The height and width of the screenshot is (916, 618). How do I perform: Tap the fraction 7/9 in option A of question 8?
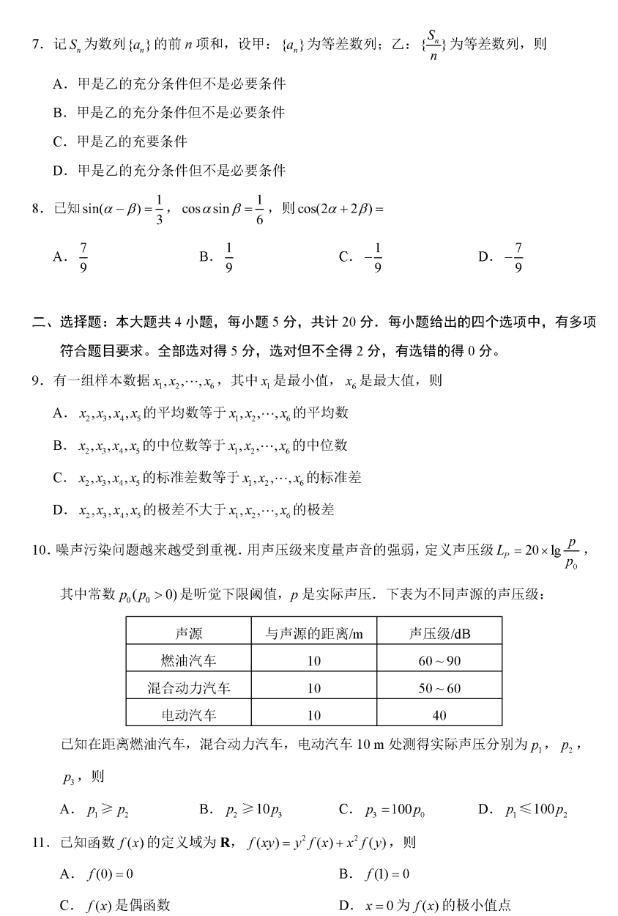[x=83, y=256]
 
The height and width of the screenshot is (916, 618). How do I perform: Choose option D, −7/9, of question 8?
[x=518, y=256]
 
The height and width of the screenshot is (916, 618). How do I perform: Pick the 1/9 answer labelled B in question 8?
[x=228, y=256]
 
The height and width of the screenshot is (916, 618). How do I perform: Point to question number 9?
[x=37, y=381]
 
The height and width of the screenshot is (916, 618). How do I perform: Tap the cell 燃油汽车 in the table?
[x=189, y=661]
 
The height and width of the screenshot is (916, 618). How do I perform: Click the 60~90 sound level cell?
[x=439, y=661]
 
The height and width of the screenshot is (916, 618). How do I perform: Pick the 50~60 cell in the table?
[x=439, y=688]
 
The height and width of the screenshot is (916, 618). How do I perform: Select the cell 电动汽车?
[x=189, y=714]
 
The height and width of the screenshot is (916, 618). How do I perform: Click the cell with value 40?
[x=439, y=714]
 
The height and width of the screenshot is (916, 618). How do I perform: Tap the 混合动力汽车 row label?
[x=189, y=688]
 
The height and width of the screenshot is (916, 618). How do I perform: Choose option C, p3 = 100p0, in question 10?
[x=396, y=809]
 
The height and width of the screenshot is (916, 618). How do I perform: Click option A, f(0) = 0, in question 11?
[x=102, y=873]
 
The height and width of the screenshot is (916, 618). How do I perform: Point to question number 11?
[x=40, y=842]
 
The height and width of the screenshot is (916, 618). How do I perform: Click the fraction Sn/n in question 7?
[x=433, y=44]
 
